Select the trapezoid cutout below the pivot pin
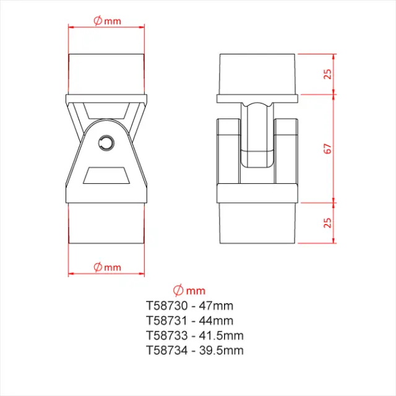[108, 176]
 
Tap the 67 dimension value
[329, 148]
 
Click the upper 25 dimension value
[329, 73]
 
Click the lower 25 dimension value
[329, 222]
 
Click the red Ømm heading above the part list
[189, 290]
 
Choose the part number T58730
[166, 305]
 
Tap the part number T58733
[166, 335]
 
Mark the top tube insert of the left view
[106, 73]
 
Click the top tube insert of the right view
[259, 73]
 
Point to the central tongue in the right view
[258, 136]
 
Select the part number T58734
[166, 350]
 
